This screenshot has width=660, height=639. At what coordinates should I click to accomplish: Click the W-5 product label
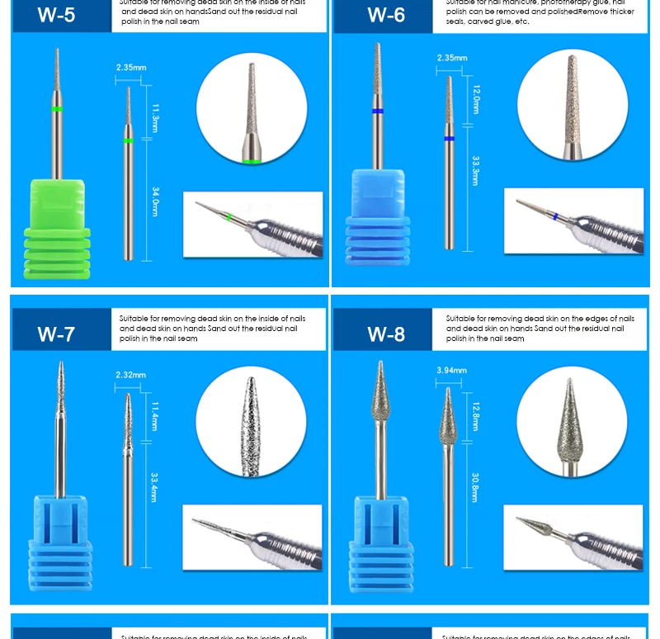pos(57,15)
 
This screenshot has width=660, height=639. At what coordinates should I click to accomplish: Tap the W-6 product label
pos(386,15)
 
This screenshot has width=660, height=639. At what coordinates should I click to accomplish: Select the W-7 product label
pos(57,334)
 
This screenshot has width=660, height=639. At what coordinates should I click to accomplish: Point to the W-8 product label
pos(386,334)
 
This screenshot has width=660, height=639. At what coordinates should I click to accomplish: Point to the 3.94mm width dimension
pos(451,371)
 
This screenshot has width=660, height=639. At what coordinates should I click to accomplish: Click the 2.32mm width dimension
pos(130,375)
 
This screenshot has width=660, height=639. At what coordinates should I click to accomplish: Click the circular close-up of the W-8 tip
pos(571,423)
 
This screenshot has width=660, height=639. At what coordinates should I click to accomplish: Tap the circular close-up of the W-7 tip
pos(251,423)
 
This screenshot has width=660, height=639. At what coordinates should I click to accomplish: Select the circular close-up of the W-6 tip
pos(572,104)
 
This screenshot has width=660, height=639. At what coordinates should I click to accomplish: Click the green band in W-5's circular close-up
pos(252,161)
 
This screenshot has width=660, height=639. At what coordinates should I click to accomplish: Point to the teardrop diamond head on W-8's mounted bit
pos(380,391)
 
